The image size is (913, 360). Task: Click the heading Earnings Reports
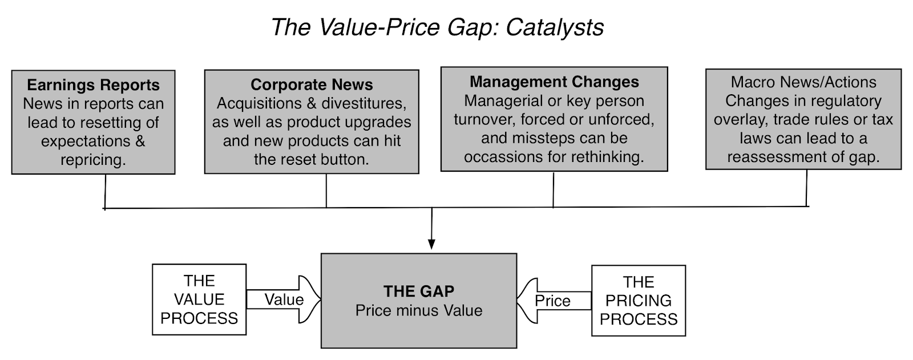pyautogui.click(x=94, y=85)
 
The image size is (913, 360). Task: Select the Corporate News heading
pyautogui.click(x=312, y=85)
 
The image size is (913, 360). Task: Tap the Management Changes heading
pyautogui.click(x=554, y=82)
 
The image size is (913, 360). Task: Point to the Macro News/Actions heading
pyautogui.click(x=803, y=82)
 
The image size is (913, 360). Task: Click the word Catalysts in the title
pyautogui.click(x=555, y=28)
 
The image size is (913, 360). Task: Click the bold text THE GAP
pyautogui.click(x=419, y=291)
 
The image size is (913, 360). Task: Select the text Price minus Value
pyautogui.click(x=419, y=311)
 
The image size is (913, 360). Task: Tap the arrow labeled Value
pyautogui.click(x=284, y=300)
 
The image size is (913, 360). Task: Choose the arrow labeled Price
pyautogui.click(x=554, y=301)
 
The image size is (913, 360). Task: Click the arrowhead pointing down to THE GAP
pyautogui.click(x=431, y=244)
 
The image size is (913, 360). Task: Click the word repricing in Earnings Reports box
pyautogui.click(x=93, y=160)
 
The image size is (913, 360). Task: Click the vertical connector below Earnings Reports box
pyautogui.click(x=105, y=192)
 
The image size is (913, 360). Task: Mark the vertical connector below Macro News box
pyautogui.click(x=807, y=188)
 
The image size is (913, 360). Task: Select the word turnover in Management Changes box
pyautogui.click(x=485, y=119)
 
